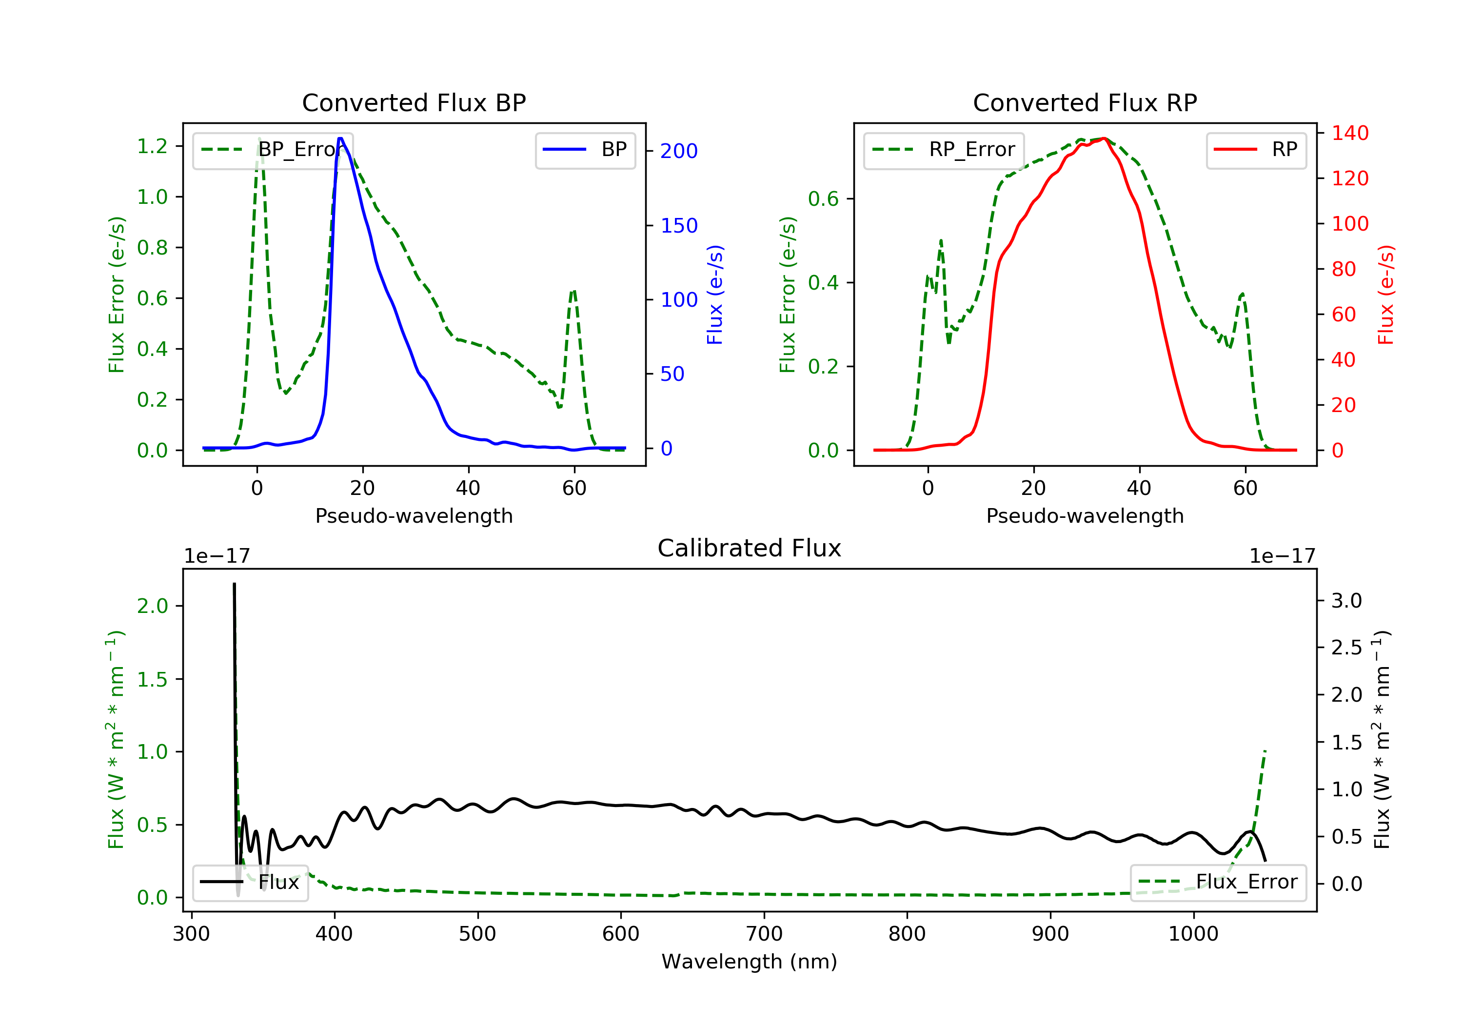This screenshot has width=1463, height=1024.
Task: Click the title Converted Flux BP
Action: pos(414,102)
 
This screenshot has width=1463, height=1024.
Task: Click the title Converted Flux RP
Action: pos(1085,102)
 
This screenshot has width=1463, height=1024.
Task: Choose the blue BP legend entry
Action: pos(585,150)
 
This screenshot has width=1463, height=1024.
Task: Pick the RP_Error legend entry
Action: pos(944,150)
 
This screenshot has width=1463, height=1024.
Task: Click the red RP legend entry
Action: pos(1256,150)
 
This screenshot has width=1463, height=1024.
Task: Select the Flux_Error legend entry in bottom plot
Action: pos(1218,882)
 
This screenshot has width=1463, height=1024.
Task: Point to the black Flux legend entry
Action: pos(251,882)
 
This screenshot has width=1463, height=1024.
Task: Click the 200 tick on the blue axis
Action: pos(679,151)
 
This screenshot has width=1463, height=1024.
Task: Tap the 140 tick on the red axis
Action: pos(1349,133)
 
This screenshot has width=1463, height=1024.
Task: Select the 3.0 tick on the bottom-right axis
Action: pos(1346,600)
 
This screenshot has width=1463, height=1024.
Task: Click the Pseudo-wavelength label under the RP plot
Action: pos(1085,515)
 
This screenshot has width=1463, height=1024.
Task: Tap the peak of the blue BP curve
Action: pos(340,138)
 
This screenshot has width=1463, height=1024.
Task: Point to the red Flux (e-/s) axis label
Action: pos(1386,295)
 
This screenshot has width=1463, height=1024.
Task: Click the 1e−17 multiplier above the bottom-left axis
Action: pos(217,556)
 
